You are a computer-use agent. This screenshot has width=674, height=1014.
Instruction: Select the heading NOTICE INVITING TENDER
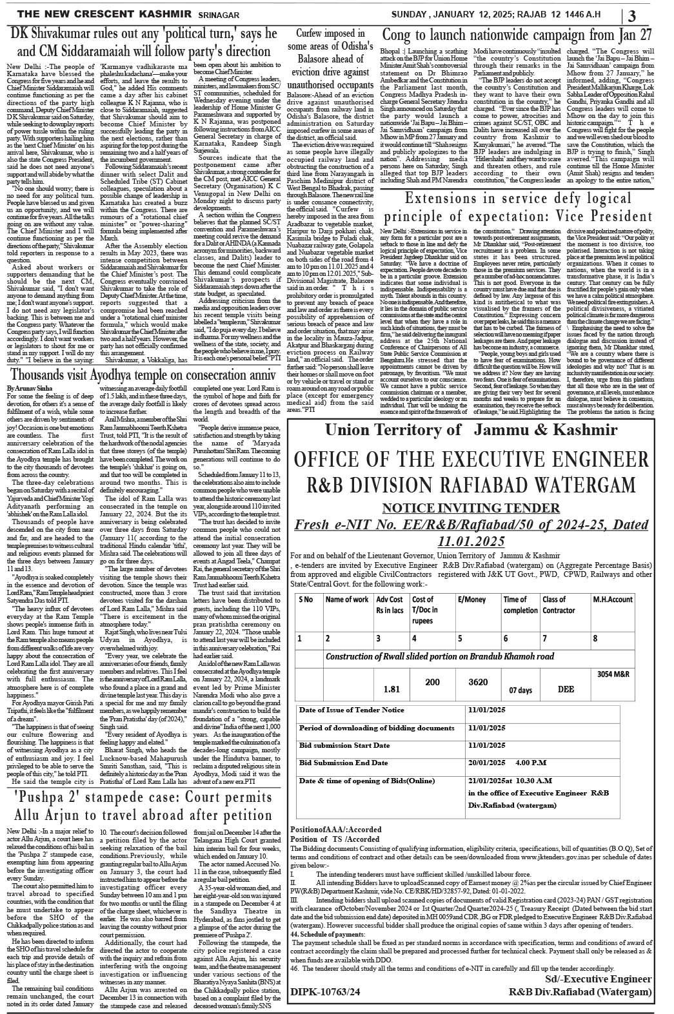point(471,508)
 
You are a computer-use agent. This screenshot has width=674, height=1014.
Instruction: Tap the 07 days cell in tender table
point(520,690)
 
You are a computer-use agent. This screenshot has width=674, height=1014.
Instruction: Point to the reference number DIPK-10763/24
point(325,992)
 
